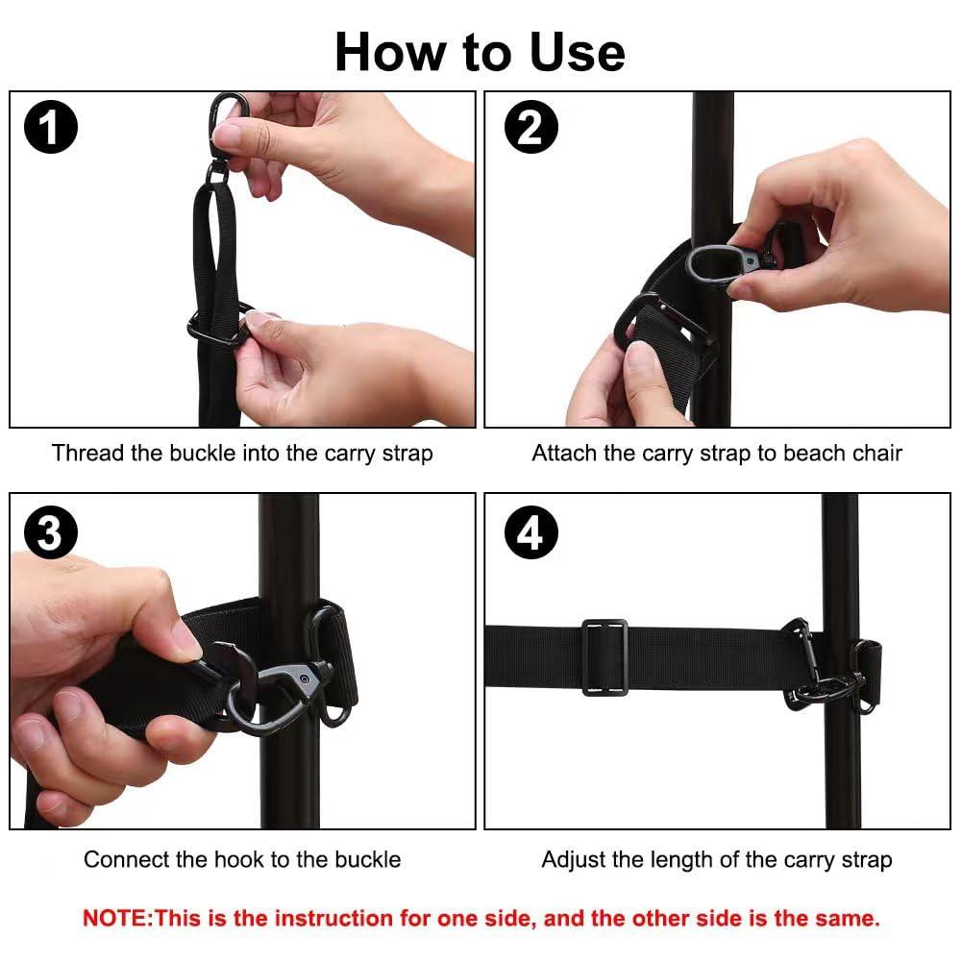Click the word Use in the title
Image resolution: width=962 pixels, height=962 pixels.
pos(577,53)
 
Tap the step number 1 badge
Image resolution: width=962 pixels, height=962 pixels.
pos(51,127)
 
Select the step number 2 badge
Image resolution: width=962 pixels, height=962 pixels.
pos(531,127)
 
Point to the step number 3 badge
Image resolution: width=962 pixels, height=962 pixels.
pos(51,532)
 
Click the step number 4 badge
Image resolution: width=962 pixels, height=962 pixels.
pos(531,532)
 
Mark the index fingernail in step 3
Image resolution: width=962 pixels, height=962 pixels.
pos(185,638)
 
